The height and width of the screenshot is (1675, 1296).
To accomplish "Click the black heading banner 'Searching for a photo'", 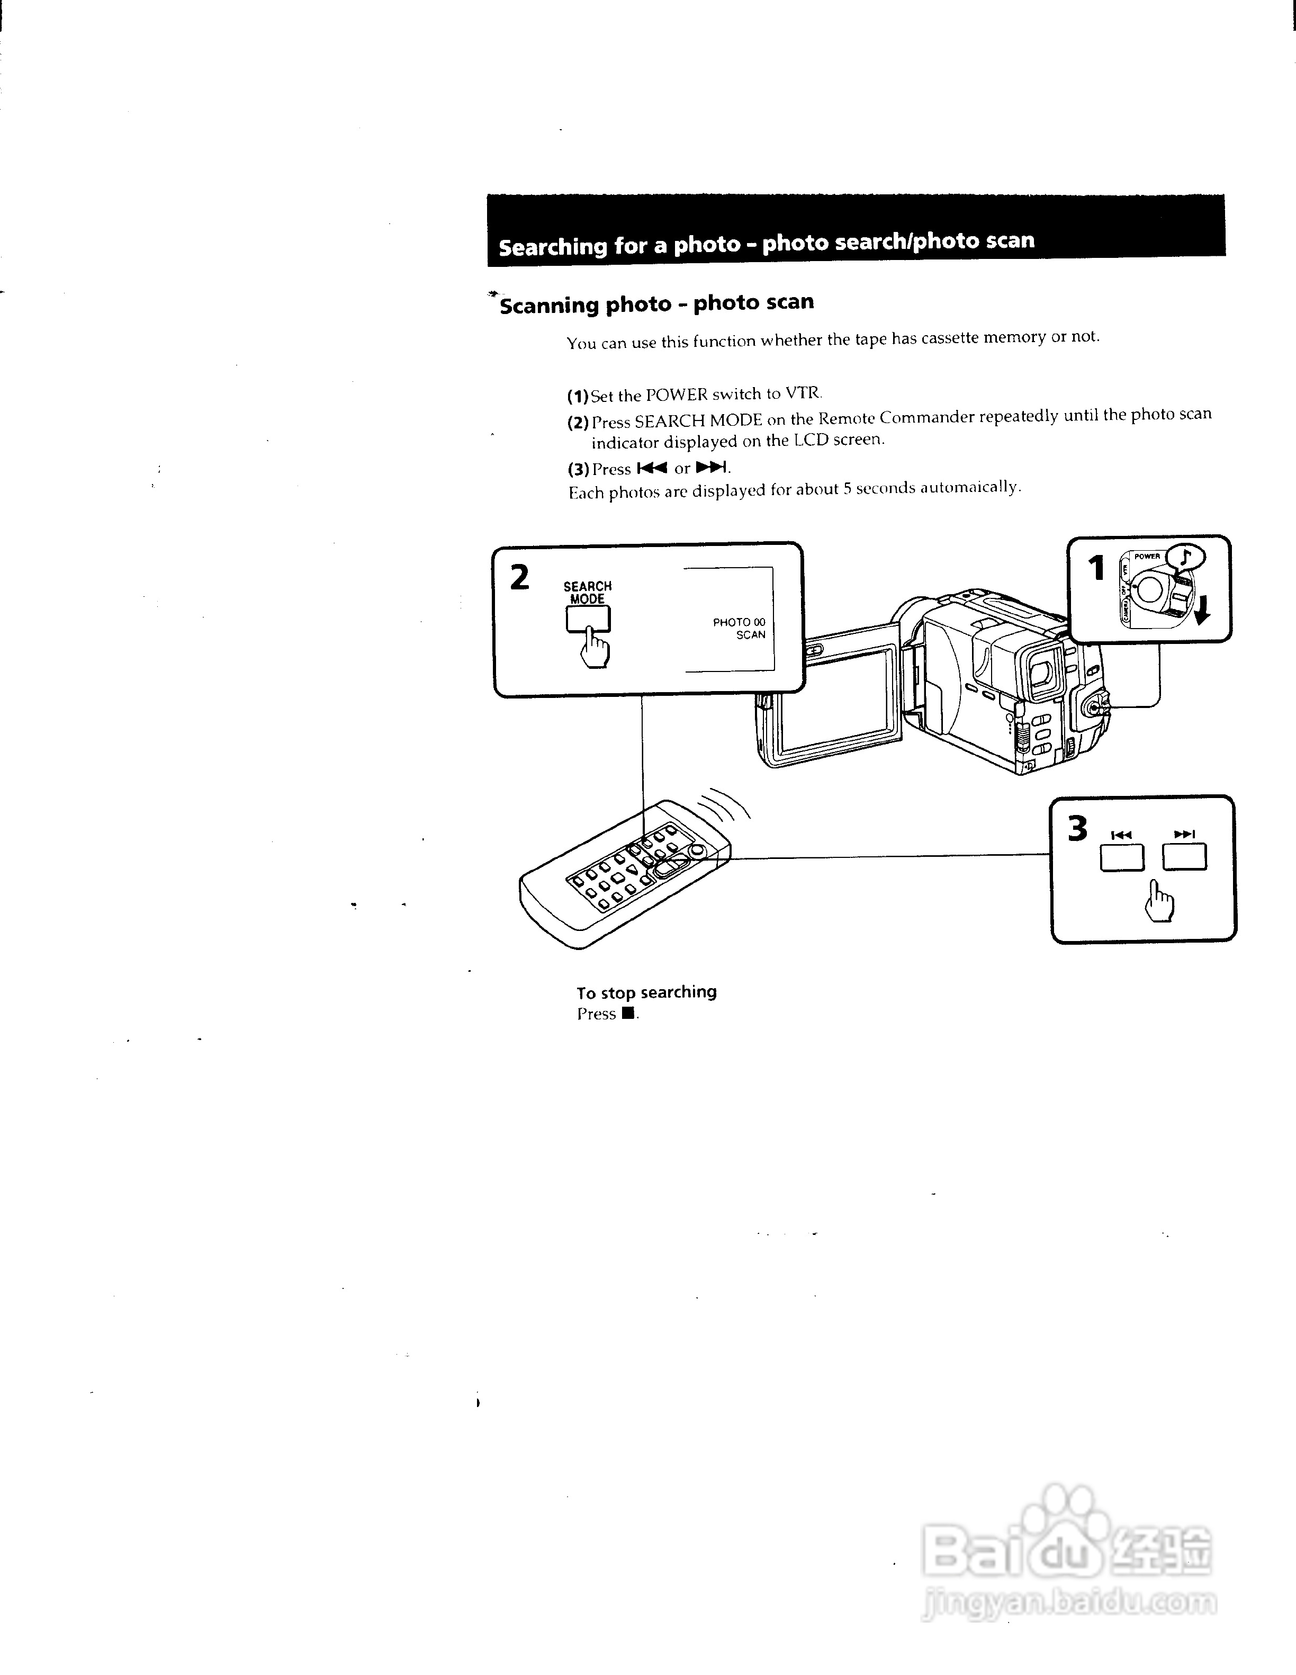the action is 855,231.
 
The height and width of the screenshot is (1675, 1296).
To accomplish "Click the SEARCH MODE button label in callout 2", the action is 588,592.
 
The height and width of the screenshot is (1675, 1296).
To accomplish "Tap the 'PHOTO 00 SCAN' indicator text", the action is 739,628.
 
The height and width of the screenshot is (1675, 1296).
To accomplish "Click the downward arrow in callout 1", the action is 1202,610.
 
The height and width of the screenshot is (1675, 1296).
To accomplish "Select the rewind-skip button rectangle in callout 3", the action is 1121,857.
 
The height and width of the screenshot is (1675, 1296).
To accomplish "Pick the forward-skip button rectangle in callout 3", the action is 1184,857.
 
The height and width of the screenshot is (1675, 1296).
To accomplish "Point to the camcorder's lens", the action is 1041,671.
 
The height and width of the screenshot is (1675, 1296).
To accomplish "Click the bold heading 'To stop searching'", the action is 646,992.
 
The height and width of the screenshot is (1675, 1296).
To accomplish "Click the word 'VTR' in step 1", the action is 803,393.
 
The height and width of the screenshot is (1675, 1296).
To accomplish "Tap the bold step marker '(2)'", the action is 578,422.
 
